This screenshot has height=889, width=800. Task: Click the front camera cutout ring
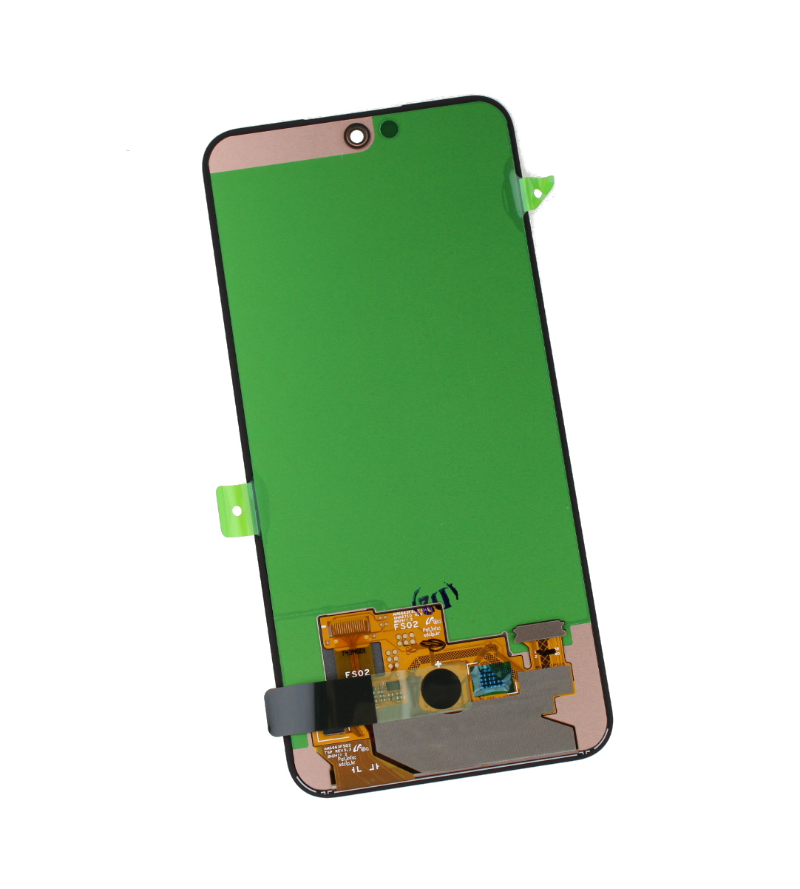[x=357, y=135]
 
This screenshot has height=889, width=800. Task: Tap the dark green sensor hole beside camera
[x=389, y=129]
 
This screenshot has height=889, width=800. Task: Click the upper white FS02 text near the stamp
[x=406, y=625]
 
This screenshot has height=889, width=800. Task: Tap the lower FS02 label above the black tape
[x=358, y=674]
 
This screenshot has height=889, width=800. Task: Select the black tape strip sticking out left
[x=318, y=708]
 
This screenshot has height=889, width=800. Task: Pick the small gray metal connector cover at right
[x=540, y=633]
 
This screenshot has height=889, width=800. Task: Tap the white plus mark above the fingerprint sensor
[x=438, y=665]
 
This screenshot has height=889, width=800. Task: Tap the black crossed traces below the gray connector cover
[x=548, y=654]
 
